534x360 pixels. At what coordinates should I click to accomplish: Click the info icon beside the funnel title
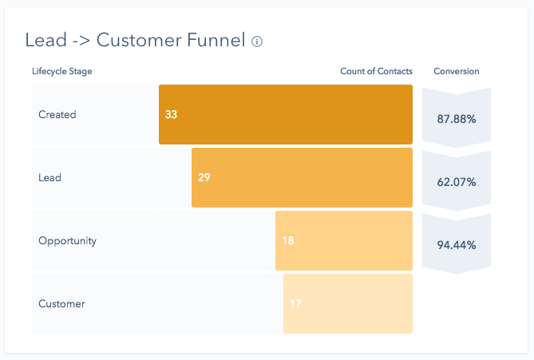pos(257,42)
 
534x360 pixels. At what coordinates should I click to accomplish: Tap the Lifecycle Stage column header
pos(62,72)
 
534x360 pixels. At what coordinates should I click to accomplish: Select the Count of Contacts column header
pos(376,72)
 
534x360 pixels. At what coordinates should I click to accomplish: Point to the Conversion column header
pos(457,72)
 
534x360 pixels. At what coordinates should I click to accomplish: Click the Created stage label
pos(57,114)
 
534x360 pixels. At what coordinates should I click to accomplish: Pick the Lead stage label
pos(49,177)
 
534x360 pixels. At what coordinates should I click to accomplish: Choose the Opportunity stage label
pos(67,240)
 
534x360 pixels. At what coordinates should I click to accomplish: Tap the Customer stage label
pos(61,303)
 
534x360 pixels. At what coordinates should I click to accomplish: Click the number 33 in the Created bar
pos(172,114)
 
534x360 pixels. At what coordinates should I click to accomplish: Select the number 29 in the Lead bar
pos(204,177)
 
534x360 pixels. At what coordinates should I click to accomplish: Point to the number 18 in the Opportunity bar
pos(288,240)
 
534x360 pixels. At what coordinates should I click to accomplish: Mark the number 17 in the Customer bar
pos(295,303)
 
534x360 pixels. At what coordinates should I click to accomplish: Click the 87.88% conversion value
pos(457,119)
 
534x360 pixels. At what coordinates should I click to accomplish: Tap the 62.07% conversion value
pos(457,182)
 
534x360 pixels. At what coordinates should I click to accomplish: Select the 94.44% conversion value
pos(457,244)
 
